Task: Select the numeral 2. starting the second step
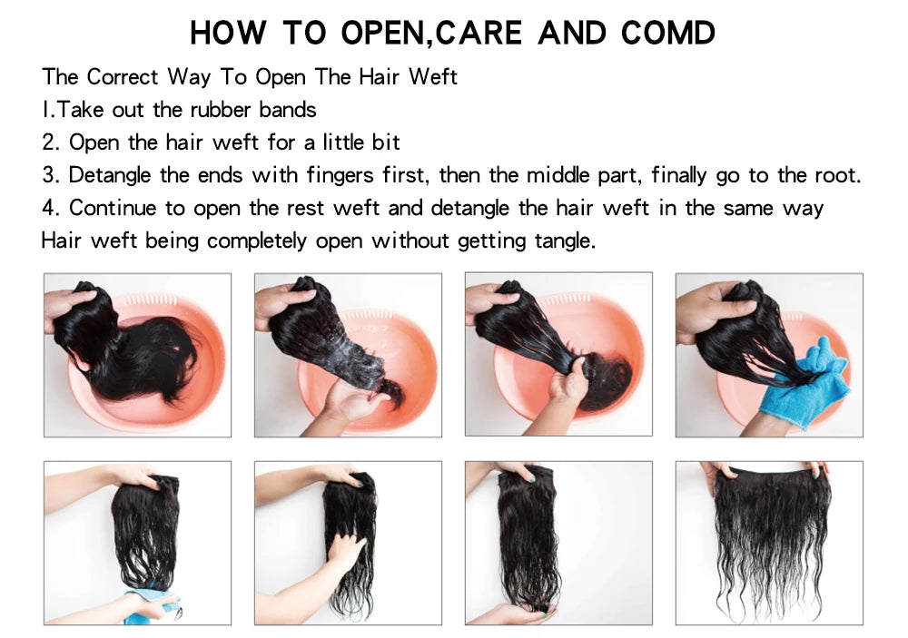click(x=51, y=142)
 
